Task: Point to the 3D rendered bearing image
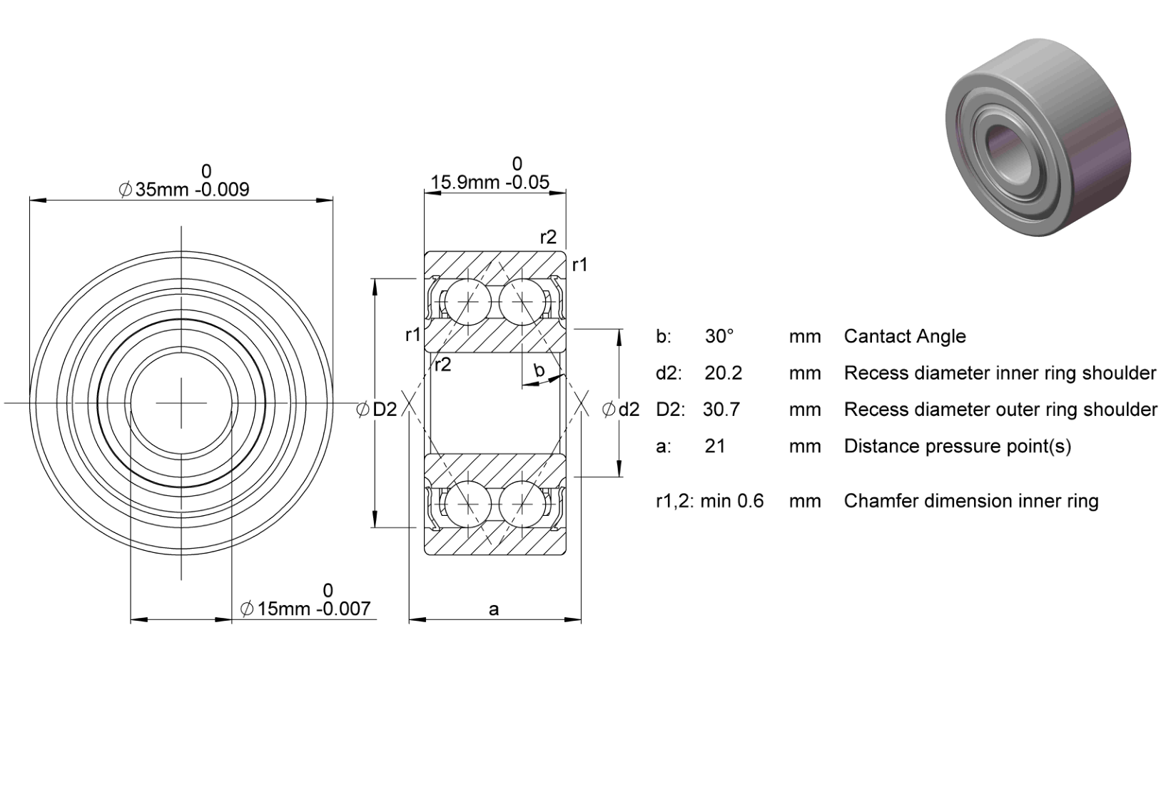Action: (x=1038, y=137)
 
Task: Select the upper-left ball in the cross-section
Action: (x=468, y=302)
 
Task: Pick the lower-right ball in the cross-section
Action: (x=522, y=503)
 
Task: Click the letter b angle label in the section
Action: (x=539, y=370)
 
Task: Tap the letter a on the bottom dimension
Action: (x=493, y=609)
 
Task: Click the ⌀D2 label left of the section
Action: (x=377, y=410)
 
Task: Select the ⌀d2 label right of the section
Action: (x=620, y=410)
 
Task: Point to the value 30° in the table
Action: (x=719, y=336)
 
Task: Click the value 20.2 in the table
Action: (x=723, y=373)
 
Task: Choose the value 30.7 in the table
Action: (x=721, y=410)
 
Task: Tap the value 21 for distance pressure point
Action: (x=715, y=446)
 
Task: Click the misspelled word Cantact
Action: (x=876, y=336)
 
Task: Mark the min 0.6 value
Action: (x=732, y=501)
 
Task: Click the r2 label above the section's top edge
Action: (x=548, y=237)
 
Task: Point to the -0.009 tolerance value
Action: (x=222, y=190)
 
